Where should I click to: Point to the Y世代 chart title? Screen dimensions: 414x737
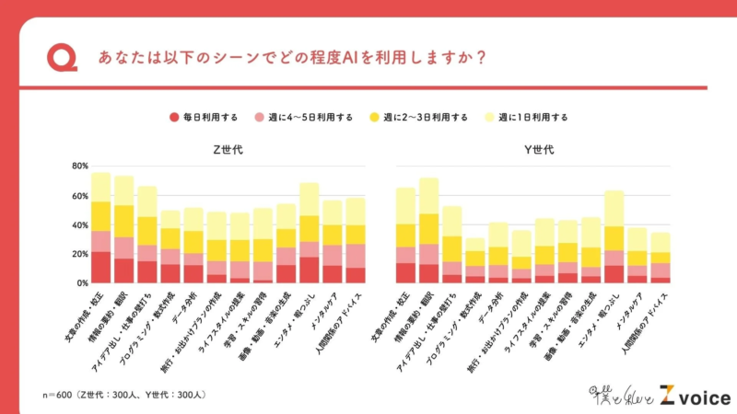(537, 150)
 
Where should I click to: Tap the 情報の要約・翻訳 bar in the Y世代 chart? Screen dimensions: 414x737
(428, 231)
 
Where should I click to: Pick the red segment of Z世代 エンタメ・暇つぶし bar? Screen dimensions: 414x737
(309, 270)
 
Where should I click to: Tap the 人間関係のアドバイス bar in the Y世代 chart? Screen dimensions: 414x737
(661, 259)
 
